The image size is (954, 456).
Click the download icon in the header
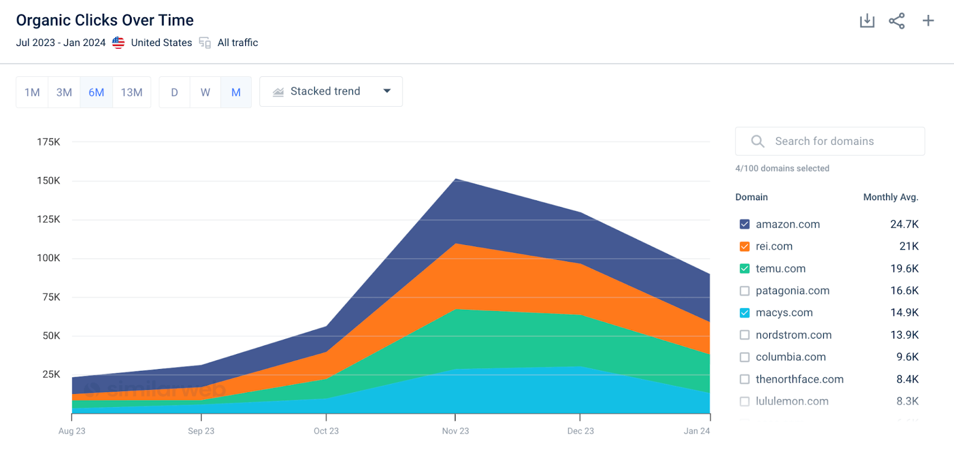click(x=867, y=20)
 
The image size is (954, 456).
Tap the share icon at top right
click(x=897, y=21)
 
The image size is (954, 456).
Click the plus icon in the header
click(x=928, y=20)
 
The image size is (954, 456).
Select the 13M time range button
click(x=132, y=92)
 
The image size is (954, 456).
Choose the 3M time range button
click(x=64, y=92)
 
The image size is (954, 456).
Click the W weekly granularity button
click(x=205, y=92)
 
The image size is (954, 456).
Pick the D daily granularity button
click(x=175, y=92)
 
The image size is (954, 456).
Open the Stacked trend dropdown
click(x=331, y=92)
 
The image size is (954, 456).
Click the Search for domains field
click(x=829, y=141)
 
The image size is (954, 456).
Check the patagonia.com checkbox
click(x=745, y=291)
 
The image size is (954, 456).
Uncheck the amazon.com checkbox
click(x=745, y=224)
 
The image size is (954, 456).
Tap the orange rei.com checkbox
click(x=745, y=247)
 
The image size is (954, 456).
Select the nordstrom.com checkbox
click(x=745, y=335)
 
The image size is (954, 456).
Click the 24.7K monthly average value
click(x=904, y=224)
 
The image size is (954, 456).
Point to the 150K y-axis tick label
click(x=48, y=181)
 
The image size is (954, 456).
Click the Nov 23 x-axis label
click(x=456, y=431)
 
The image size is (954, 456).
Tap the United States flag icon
click(x=119, y=42)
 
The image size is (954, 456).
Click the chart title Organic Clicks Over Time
click(x=105, y=20)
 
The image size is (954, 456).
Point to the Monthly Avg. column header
click(x=891, y=197)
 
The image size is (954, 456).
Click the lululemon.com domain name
click(x=792, y=401)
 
